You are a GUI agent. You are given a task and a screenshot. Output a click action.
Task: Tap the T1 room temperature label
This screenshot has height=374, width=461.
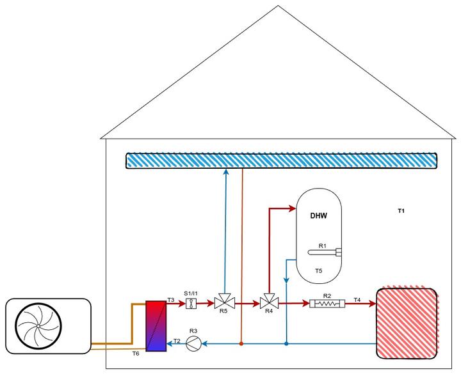coord(401,210)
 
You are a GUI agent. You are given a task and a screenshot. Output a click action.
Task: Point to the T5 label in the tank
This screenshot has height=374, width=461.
coord(318,271)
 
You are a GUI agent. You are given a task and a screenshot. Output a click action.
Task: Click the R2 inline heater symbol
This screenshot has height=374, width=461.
coord(327,304)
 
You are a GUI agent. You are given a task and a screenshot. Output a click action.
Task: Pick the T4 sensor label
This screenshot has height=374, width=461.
coord(357,299)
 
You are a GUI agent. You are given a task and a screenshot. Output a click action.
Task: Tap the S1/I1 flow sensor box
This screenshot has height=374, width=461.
coord(190,304)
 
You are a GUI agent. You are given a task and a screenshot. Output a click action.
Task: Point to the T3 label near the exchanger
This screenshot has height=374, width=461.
coord(170,299)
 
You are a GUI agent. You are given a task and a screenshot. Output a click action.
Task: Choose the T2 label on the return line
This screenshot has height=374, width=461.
coord(176,341)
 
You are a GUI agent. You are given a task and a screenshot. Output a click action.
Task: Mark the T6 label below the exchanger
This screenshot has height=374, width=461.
coord(136,354)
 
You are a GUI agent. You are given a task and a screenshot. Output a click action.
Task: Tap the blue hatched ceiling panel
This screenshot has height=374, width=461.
coord(281,160)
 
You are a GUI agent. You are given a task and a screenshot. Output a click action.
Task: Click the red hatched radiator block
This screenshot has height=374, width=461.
coord(407,323)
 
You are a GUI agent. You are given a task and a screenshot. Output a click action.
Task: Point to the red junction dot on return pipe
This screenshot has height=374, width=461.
coord(241,344)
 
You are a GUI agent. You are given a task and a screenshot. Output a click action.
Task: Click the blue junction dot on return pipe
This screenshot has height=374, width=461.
coord(286,344)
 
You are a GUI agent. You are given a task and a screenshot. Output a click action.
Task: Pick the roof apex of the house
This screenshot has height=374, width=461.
coord(279,7)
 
